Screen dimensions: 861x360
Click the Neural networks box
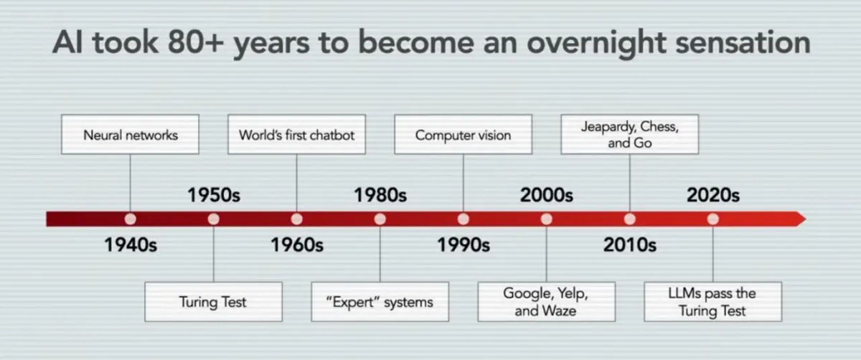tap(131, 135)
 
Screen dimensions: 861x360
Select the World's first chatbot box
tap(297, 135)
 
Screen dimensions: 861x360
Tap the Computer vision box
tap(464, 135)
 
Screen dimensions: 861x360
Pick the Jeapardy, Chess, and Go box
tap(630, 135)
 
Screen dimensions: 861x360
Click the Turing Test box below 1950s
tap(213, 302)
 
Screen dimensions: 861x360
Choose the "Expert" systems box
tap(380, 302)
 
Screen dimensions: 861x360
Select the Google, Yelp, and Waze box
tap(546, 302)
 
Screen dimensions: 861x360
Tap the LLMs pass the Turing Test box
tap(713, 302)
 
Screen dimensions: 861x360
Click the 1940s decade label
tap(131, 245)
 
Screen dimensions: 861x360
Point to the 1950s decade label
tap(214, 195)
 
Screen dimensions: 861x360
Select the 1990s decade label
tap(464, 245)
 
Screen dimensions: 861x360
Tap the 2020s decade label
tap(713, 195)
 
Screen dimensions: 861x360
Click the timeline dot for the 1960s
tap(297, 219)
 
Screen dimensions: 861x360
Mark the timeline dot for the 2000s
tap(547, 219)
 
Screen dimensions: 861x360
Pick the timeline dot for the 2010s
tap(630, 219)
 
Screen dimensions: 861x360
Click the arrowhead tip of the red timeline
tap(806, 219)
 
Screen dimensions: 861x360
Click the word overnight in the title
tap(596, 44)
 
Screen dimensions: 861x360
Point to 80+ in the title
tap(196, 42)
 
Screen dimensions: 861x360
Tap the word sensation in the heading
tap(743, 42)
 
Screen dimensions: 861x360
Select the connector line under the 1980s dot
tap(380, 254)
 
